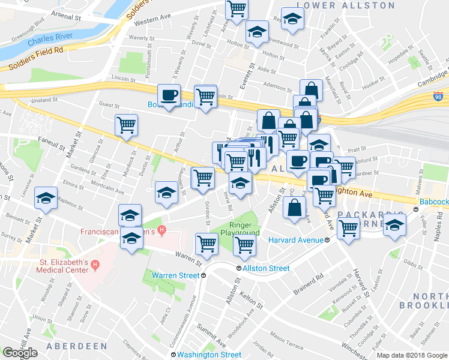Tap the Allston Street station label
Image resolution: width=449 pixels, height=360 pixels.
tap(266, 268)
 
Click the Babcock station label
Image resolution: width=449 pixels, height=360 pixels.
tap(433, 202)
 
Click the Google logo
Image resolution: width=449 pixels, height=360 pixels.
tap(20, 353)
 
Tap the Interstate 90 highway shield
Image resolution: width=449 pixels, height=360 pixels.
tap(437, 95)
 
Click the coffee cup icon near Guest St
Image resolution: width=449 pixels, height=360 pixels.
tap(169, 95)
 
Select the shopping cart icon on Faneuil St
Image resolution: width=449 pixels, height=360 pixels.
tap(126, 125)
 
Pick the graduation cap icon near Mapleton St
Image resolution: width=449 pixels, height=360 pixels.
tap(46, 198)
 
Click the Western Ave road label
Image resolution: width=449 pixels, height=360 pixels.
tap(149, 22)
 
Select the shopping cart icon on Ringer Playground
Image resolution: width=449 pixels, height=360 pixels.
tap(244, 244)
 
